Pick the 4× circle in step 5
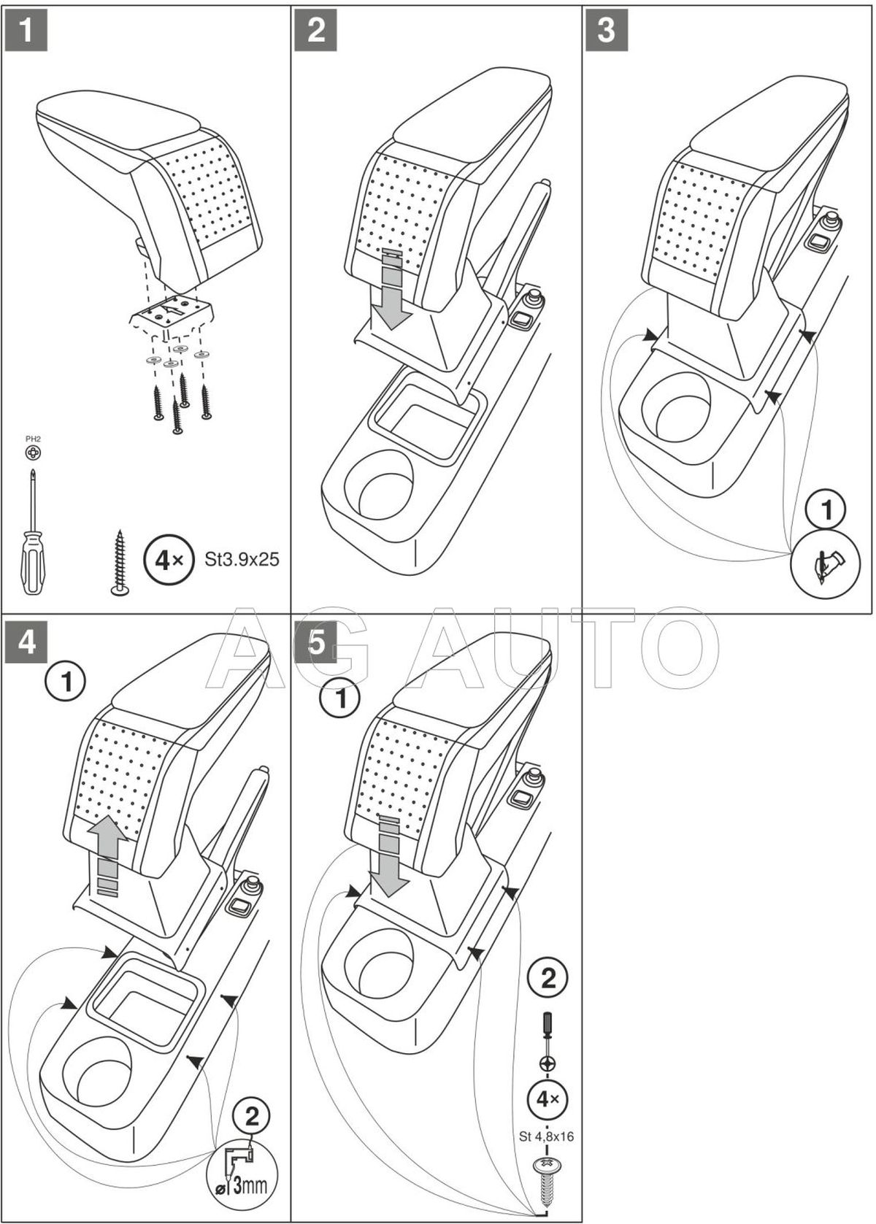(x=547, y=1098)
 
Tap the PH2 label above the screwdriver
(x=33, y=439)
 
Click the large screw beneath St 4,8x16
(x=547, y=1178)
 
